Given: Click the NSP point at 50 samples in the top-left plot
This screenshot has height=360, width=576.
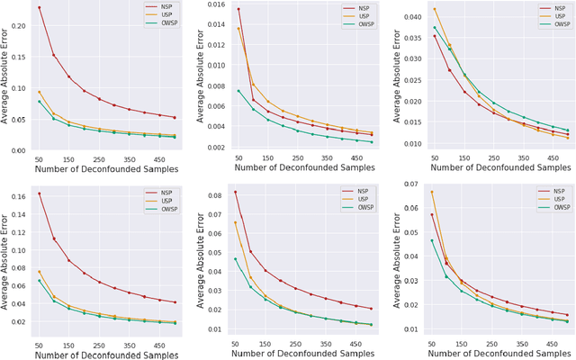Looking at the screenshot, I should pos(39,7).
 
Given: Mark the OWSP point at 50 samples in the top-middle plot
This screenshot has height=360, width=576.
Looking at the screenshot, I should pos(238,91).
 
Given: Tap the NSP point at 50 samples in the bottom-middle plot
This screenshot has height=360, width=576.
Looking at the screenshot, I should pos(236,192).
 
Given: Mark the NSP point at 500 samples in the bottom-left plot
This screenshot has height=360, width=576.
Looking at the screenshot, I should pos(175,301).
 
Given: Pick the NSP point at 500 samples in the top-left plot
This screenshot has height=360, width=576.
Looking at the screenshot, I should pos(175,117).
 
